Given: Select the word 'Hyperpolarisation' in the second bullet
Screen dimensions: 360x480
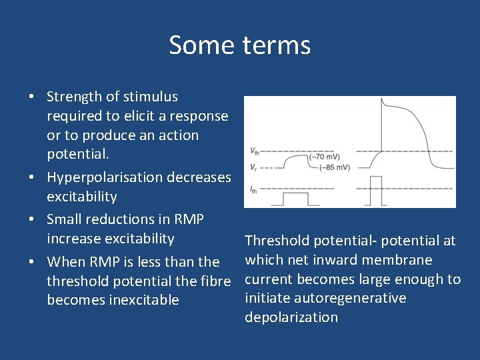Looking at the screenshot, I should tap(105, 177).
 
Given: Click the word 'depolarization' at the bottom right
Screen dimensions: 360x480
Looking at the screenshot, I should tap(291, 317).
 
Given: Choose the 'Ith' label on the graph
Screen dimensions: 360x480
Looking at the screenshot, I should tap(253, 190).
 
